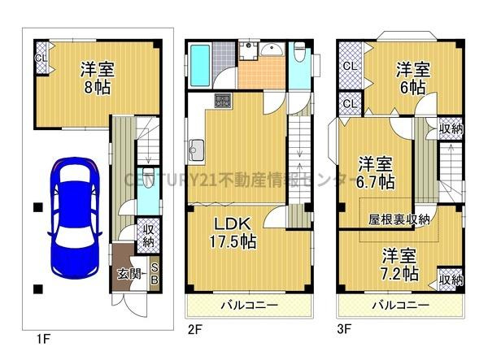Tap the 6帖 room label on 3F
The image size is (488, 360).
(412, 77)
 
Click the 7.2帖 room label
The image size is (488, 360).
(399, 262)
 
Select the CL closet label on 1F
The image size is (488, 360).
(39, 58)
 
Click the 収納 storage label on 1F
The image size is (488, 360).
(149, 235)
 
